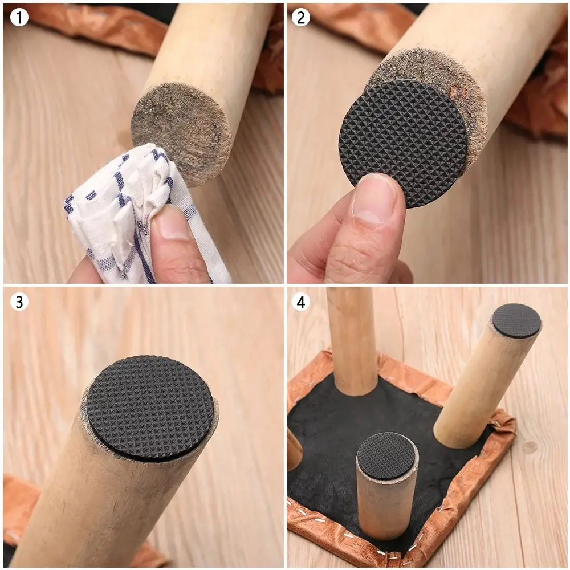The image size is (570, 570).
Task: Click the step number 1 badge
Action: click(x=19, y=18)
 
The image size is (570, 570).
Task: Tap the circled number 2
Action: click(x=300, y=18)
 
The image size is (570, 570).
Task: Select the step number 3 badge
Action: click(x=19, y=301)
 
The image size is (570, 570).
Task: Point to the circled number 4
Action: click(x=300, y=301)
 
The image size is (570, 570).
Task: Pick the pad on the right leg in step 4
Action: click(x=516, y=320)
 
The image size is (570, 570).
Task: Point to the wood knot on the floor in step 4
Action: click(x=530, y=447)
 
